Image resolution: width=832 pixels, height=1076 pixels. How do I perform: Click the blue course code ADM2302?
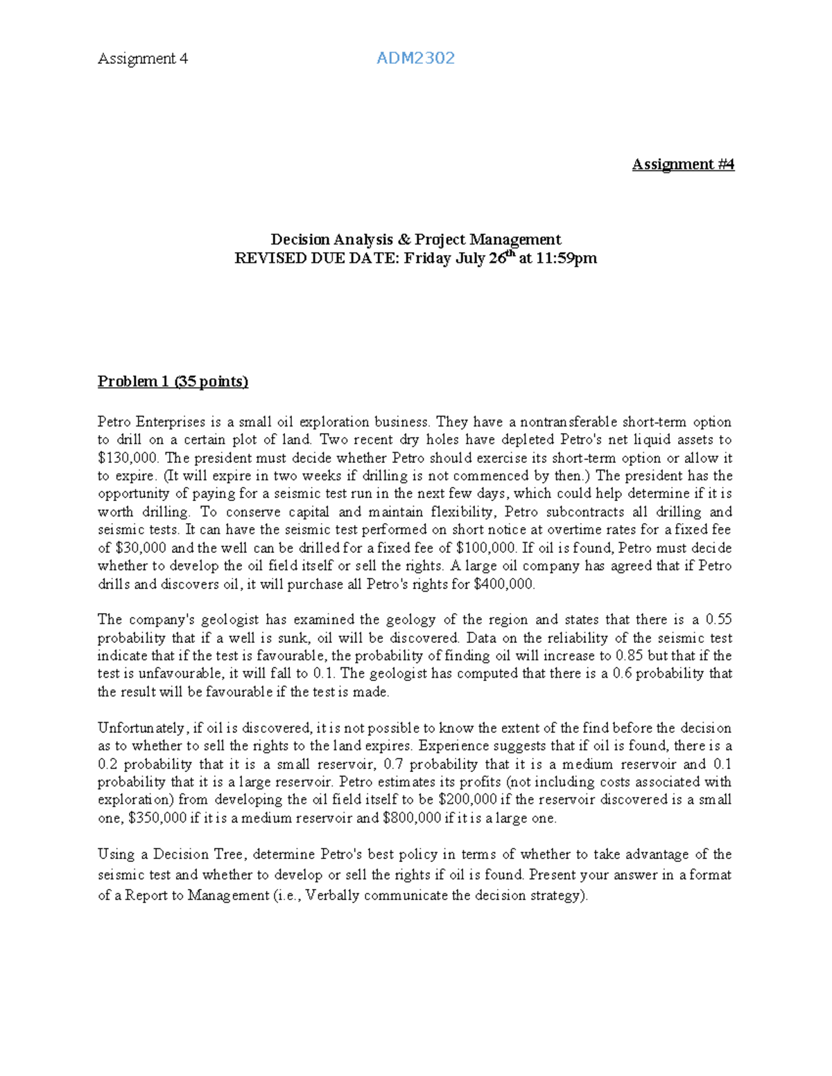[x=415, y=58]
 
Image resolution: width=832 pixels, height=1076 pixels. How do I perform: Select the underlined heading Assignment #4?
[x=683, y=164]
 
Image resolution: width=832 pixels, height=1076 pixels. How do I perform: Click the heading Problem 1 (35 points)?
[x=173, y=381]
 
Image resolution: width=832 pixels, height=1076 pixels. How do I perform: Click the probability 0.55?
[x=718, y=619]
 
